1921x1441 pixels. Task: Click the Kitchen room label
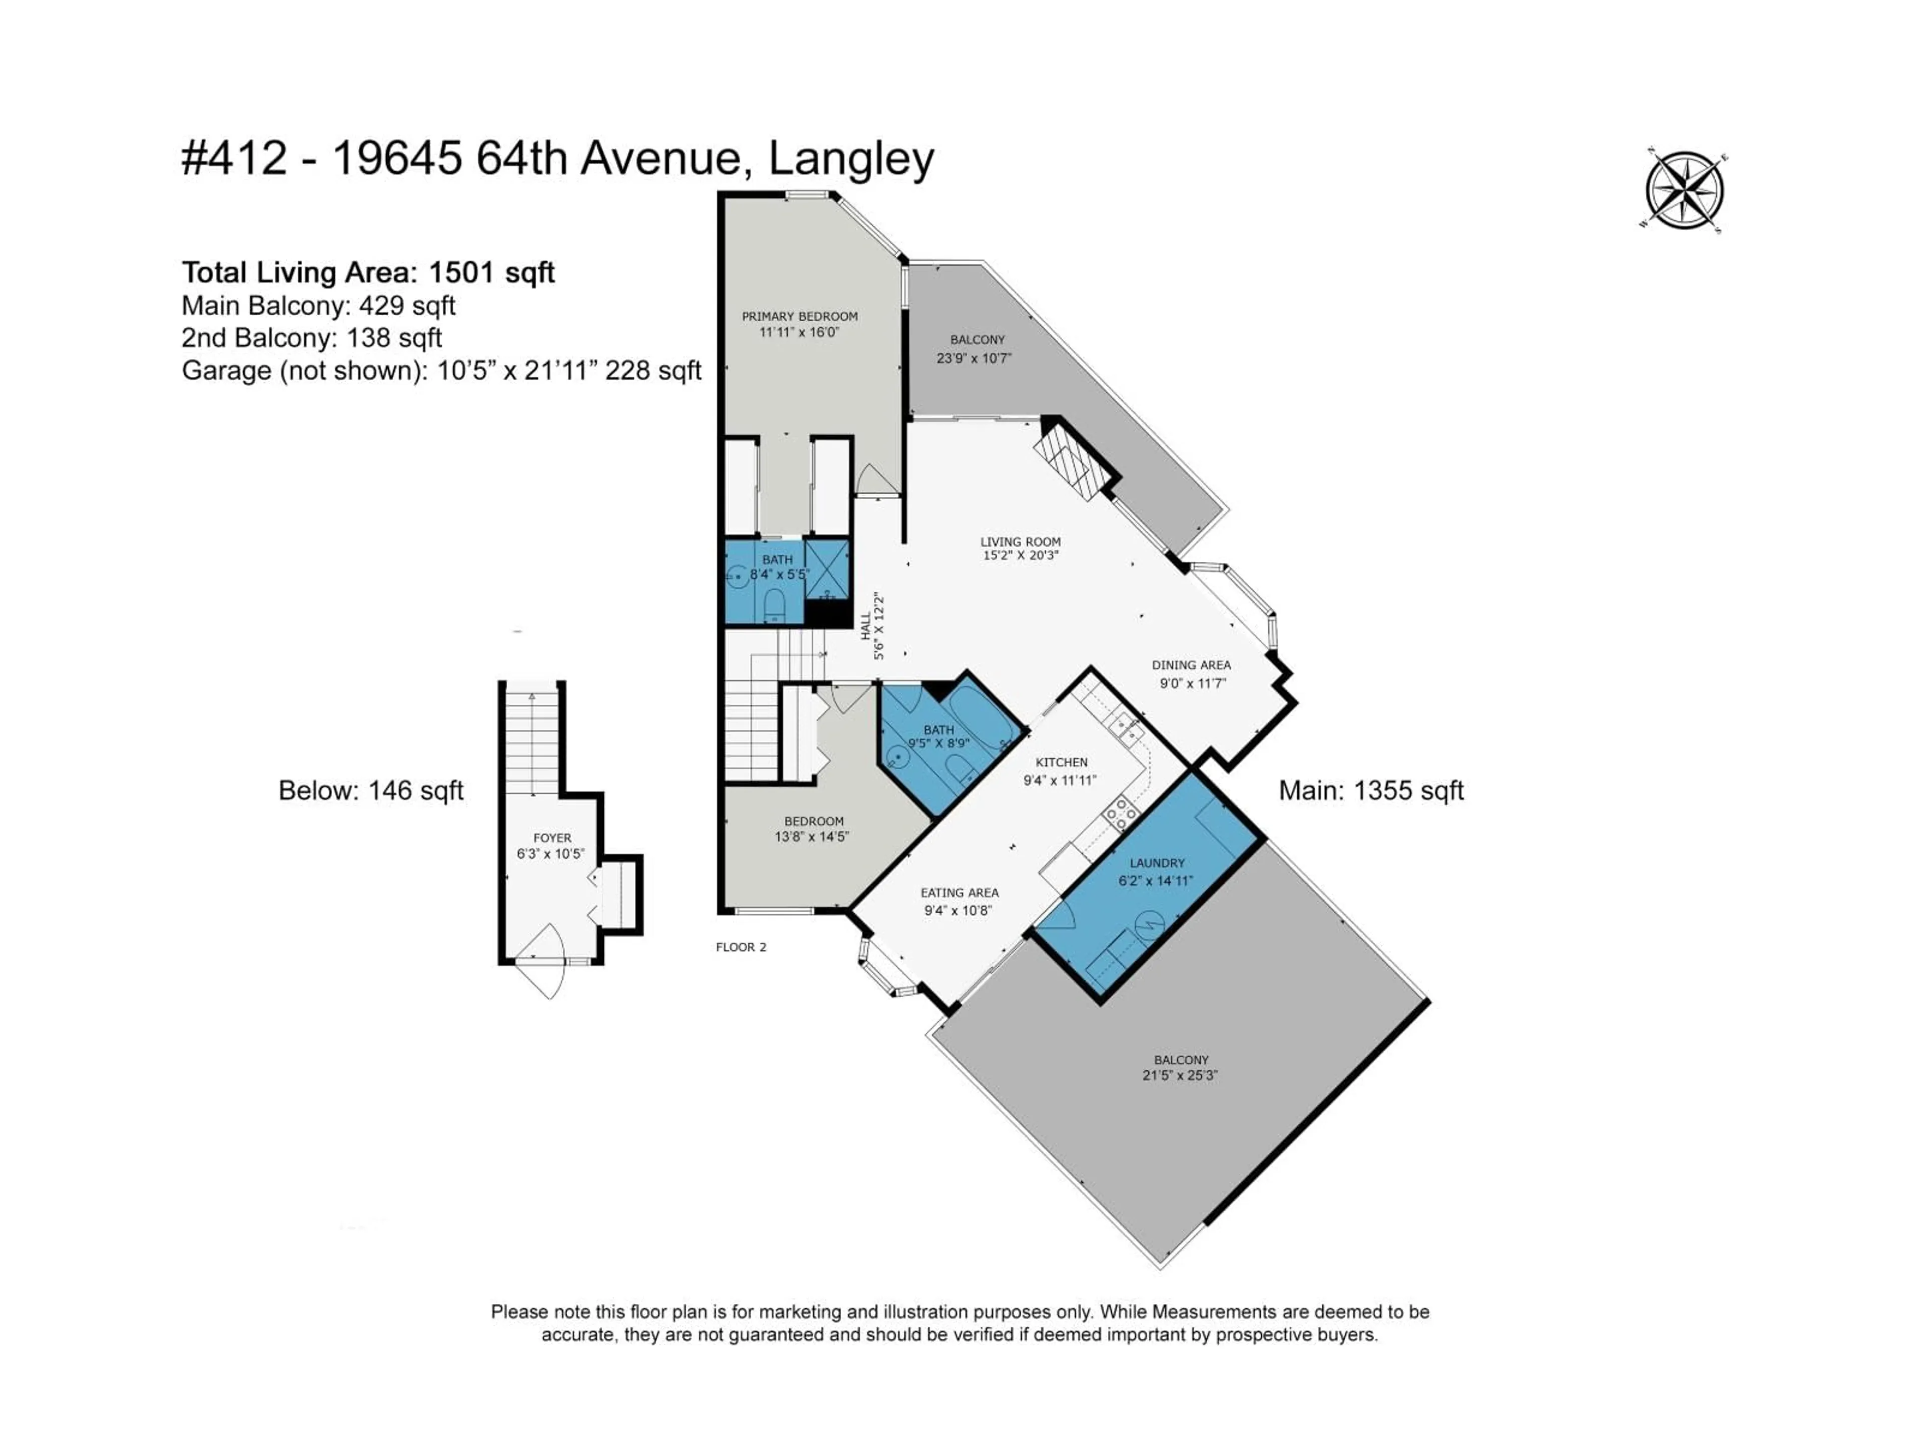1061,762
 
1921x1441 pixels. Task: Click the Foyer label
552,838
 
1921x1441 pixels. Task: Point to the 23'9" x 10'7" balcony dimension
975,358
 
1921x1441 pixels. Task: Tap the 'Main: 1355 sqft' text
1371,791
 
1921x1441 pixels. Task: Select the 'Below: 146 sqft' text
371,791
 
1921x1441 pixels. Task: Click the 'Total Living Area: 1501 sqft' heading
368,273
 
